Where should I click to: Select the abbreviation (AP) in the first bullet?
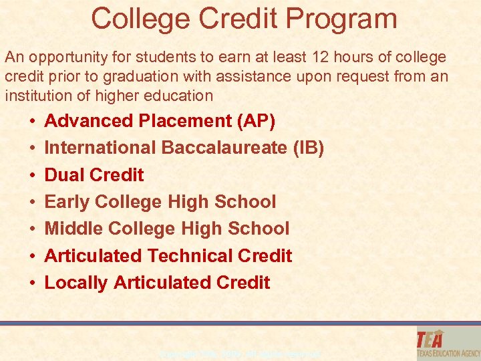point(257,121)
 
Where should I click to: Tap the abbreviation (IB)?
point(308,148)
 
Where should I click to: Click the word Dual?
point(64,174)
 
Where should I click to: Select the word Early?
point(67,202)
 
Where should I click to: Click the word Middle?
point(73,229)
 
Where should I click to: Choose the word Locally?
point(76,283)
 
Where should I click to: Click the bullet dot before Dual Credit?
point(32,175)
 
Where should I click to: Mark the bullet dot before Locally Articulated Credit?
point(32,283)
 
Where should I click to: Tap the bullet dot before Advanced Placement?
point(32,122)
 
